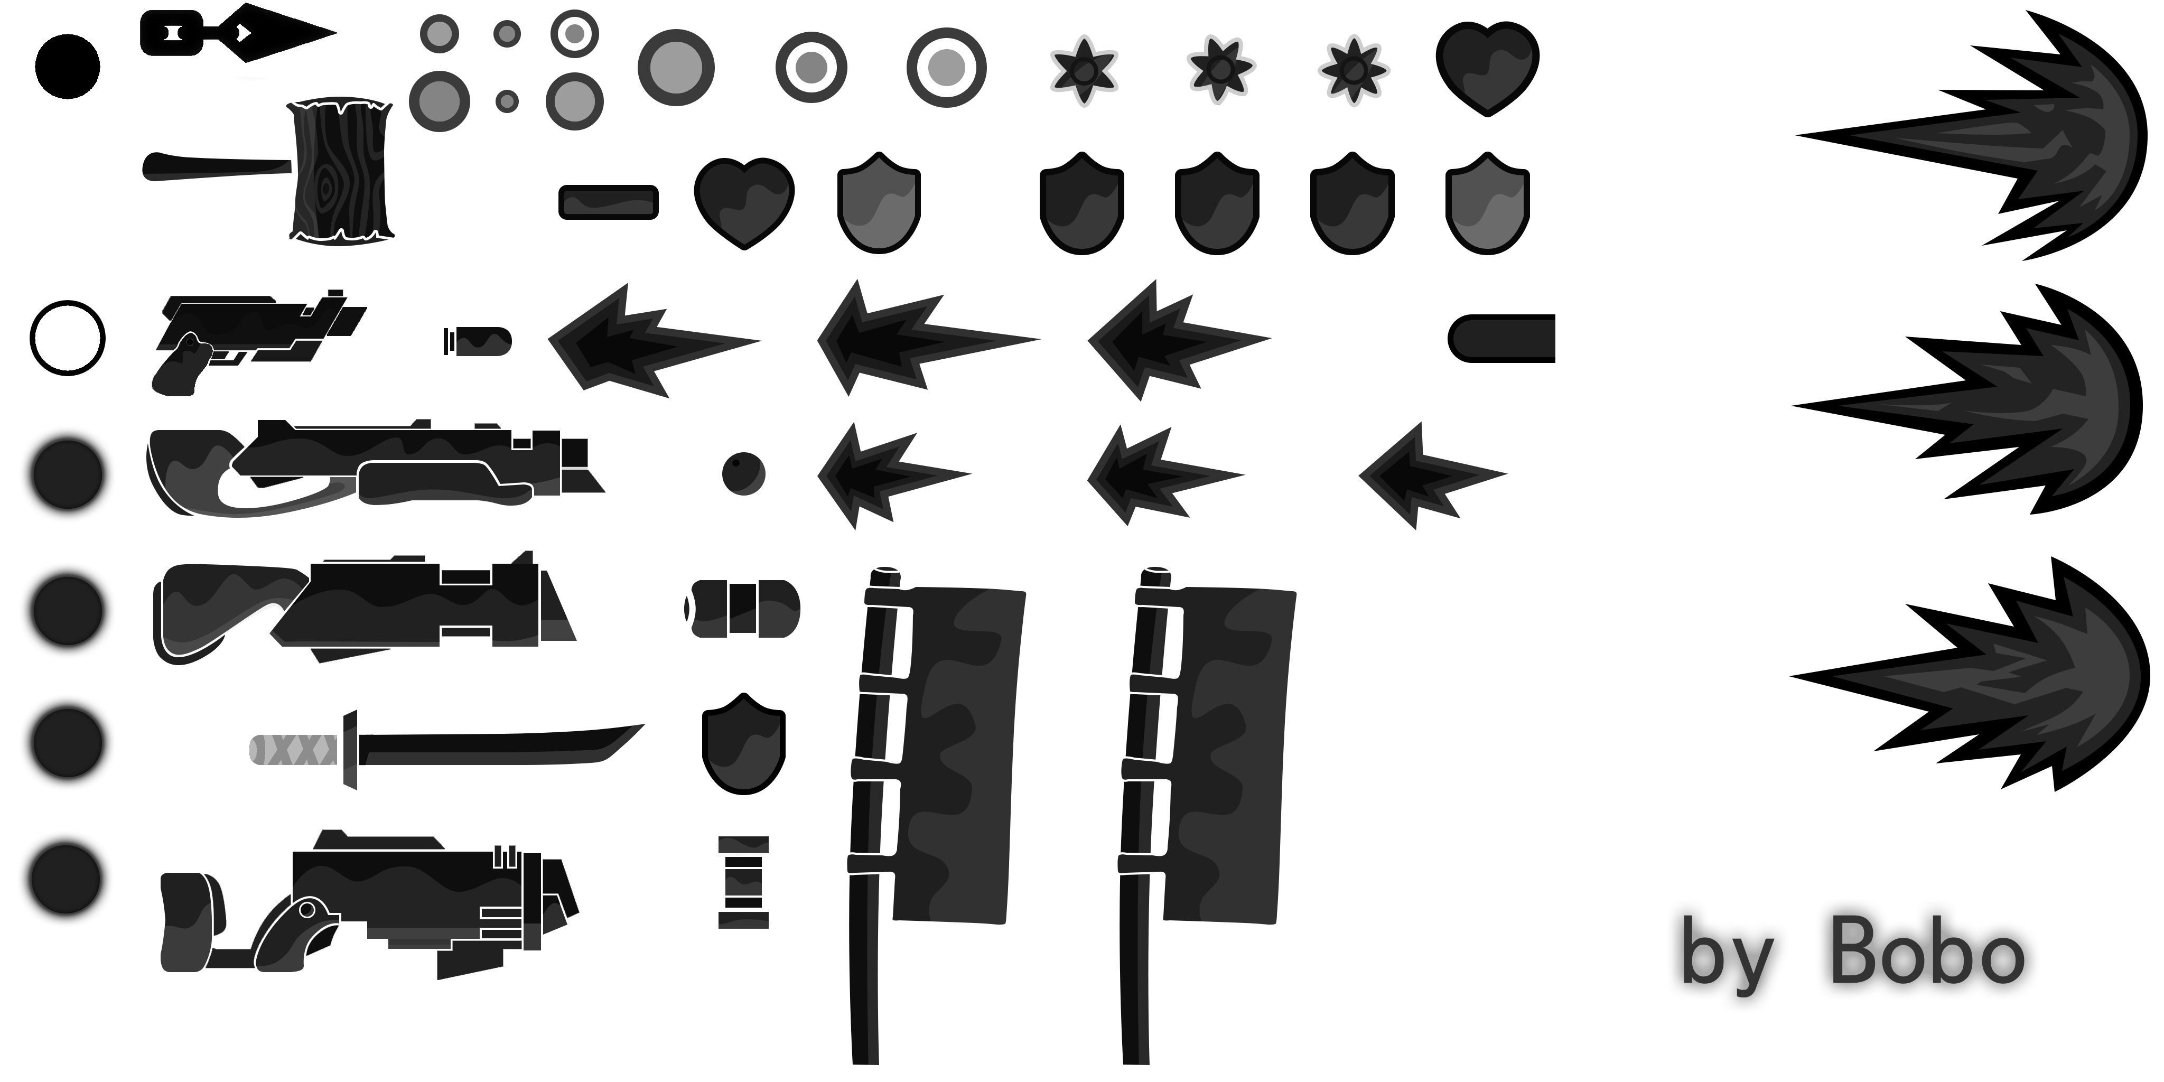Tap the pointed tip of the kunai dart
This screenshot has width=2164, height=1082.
(336, 34)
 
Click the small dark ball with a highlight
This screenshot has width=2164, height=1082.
(743, 474)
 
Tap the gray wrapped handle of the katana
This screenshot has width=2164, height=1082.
(294, 749)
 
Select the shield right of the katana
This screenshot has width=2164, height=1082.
(743, 743)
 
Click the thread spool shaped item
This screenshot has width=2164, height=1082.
(743, 882)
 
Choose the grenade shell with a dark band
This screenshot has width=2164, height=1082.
(743, 608)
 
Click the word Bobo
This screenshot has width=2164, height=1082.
(1927, 954)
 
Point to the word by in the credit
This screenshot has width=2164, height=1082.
(1727, 958)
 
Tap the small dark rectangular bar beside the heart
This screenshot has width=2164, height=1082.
(608, 202)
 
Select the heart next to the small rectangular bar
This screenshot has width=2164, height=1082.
(744, 202)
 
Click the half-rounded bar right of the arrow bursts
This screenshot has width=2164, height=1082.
(1501, 339)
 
